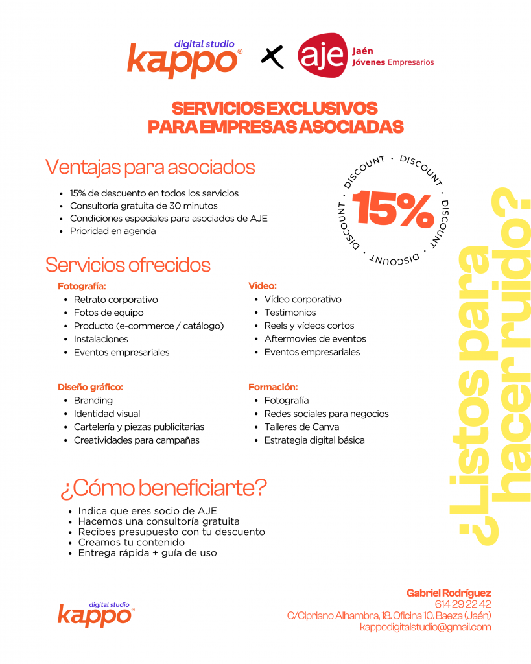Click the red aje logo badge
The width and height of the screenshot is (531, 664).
(322, 55)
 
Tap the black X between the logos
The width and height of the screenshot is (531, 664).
(273, 57)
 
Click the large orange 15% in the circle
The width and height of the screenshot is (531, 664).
(394, 208)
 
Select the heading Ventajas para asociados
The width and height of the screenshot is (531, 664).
(150, 167)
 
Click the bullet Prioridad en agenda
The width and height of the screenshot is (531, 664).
(113, 231)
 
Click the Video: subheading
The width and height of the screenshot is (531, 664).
(263, 285)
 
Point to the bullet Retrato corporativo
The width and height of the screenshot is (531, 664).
(115, 300)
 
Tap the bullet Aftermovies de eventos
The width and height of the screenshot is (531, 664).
(314, 339)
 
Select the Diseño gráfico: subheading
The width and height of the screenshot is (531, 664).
(90, 387)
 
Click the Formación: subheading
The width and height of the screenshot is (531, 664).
(273, 387)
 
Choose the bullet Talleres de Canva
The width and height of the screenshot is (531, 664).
(301, 427)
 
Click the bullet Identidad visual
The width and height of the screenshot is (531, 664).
(106, 414)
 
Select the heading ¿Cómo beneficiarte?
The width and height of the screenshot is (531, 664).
(163, 488)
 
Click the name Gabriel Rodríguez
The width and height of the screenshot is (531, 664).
(449, 593)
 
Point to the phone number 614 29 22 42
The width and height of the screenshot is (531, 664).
(464, 604)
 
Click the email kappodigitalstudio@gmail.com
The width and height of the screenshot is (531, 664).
(425, 627)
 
